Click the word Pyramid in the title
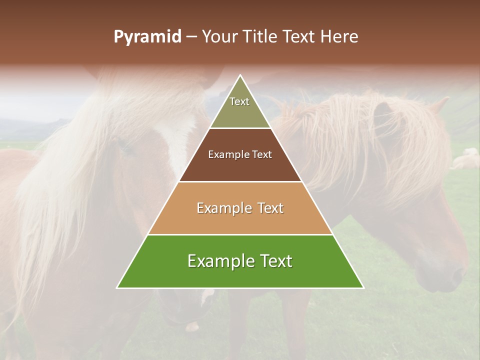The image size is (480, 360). pos(147,37)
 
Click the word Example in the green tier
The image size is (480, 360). pos(219,261)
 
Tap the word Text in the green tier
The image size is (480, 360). pos(274,261)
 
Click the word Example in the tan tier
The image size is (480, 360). pos(223,208)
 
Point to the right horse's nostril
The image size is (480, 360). pos(456,274)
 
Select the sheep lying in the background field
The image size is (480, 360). pos(466,160)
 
